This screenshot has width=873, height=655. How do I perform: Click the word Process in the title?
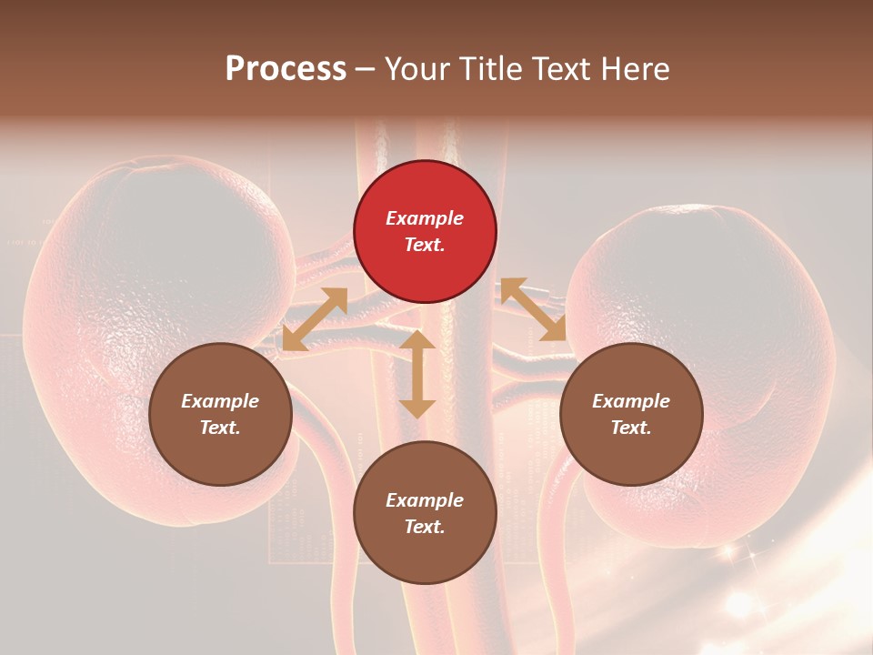[286, 69]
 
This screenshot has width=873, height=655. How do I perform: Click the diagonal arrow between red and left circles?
[315, 318]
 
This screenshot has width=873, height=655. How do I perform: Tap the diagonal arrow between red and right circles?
[533, 309]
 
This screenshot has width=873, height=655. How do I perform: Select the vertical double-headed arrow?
[417, 374]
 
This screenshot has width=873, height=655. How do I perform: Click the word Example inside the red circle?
[425, 218]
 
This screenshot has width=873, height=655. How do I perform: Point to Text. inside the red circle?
[425, 245]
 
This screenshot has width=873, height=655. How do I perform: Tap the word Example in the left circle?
[220, 401]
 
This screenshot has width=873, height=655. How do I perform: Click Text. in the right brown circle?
[631, 428]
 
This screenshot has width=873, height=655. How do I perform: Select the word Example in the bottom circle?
[425, 500]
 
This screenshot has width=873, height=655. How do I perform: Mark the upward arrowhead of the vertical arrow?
[417, 341]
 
